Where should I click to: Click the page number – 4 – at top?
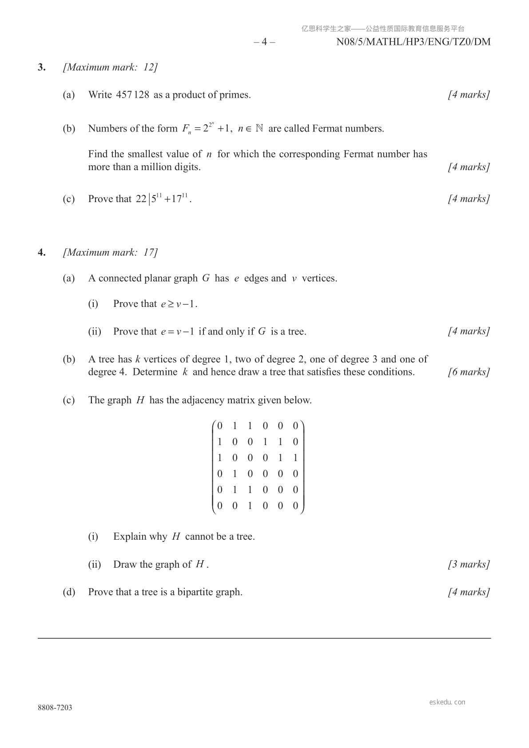(x=264, y=42)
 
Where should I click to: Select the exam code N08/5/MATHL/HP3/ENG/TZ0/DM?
(x=414, y=42)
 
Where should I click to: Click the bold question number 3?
(x=41, y=68)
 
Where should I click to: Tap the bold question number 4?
(x=41, y=253)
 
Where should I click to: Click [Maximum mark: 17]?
(x=110, y=253)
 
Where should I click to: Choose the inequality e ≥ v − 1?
(x=179, y=304)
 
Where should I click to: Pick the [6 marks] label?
(x=469, y=372)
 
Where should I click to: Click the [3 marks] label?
(x=469, y=565)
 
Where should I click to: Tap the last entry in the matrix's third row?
(x=295, y=458)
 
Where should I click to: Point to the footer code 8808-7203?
(x=55, y=708)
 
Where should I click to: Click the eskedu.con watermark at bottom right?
(x=447, y=702)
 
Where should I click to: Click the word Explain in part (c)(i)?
(x=130, y=537)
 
